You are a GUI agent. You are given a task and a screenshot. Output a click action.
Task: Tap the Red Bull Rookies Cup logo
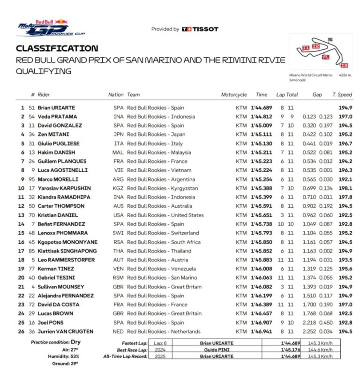coord(43,29)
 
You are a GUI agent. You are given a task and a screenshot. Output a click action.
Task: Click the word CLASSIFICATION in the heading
coord(57,48)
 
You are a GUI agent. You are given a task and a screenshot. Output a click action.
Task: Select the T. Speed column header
coord(342,94)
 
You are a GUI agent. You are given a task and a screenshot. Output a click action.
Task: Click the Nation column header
coord(116,94)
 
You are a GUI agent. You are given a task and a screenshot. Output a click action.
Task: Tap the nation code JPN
coord(118,134)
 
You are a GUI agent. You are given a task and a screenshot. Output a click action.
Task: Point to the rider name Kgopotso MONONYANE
coord(67,242)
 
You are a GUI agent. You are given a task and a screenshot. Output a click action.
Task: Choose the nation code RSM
coord(118,278)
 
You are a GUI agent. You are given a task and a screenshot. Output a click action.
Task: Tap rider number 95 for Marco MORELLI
coord(32,179)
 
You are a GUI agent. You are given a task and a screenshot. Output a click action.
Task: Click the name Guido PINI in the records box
coord(216,350)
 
